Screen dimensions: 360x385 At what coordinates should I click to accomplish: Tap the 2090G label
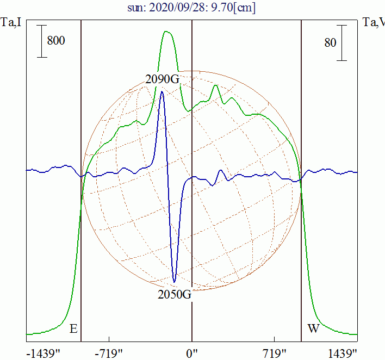click(x=162, y=79)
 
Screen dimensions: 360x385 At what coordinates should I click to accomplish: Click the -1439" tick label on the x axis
click(x=44, y=353)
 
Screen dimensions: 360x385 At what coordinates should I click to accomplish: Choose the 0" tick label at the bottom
click(x=192, y=353)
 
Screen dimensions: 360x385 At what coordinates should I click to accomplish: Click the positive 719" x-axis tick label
click(x=275, y=353)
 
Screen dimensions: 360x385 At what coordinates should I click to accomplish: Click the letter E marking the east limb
click(x=73, y=330)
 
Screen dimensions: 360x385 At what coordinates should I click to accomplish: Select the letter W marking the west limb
click(x=314, y=329)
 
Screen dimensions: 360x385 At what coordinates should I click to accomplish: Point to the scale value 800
click(x=56, y=41)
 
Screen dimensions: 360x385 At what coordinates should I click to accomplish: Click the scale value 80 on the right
click(x=330, y=42)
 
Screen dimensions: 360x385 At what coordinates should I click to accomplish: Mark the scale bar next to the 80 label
click(x=341, y=42)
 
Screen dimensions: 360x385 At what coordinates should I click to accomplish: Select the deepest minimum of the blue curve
click(x=174, y=282)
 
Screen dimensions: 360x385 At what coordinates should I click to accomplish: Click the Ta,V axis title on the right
click(x=374, y=22)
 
